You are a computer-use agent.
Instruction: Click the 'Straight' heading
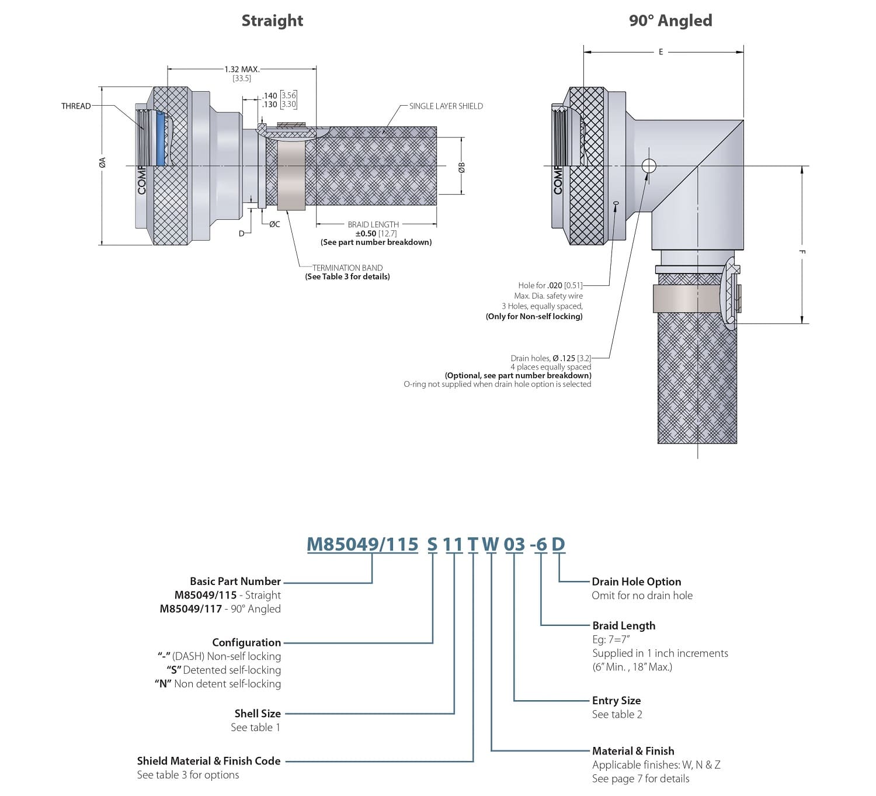click(272, 20)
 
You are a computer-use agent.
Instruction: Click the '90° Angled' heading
click(670, 20)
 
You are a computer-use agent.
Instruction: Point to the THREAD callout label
click(76, 106)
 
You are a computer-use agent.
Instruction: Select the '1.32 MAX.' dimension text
click(242, 69)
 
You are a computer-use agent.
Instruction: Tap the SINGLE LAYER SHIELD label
click(446, 106)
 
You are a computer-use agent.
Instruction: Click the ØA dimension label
click(102, 163)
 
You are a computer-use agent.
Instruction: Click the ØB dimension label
click(461, 167)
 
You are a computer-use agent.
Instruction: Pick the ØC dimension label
click(274, 224)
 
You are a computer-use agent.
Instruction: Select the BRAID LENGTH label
click(373, 224)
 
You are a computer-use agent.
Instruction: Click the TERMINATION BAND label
click(347, 268)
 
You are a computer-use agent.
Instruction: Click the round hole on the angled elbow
click(648, 165)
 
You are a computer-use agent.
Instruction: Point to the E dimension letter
click(661, 52)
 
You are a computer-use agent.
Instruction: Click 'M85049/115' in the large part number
click(363, 544)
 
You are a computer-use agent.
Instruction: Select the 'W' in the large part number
click(491, 544)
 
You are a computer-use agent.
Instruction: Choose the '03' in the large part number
click(515, 544)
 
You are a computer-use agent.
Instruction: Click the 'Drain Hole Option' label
click(636, 582)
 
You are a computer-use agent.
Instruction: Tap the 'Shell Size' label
click(258, 713)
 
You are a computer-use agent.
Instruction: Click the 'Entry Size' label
click(616, 700)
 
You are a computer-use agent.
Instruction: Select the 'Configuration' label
click(246, 642)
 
